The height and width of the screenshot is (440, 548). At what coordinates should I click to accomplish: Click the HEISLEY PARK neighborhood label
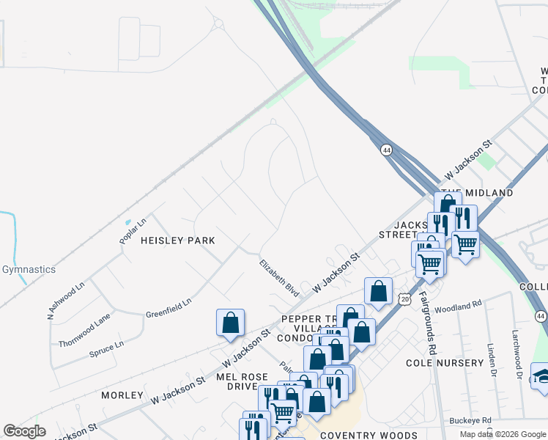click(178, 241)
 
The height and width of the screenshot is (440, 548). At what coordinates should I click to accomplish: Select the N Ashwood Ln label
click(65, 299)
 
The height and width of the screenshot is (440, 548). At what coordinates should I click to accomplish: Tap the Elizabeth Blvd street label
click(279, 277)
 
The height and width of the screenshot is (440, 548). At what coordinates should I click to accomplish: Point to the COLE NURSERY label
click(445, 362)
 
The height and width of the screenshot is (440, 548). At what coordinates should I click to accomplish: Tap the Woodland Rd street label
click(458, 307)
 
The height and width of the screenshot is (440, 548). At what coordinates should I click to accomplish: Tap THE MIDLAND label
click(479, 192)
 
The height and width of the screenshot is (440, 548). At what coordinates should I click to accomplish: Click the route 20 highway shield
click(405, 299)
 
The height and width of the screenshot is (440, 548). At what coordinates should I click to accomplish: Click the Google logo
click(24, 431)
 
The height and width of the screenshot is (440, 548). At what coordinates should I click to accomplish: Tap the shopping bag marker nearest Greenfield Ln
click(230, 323)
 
